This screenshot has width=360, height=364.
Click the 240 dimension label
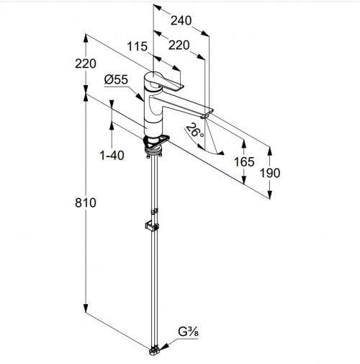[x=181, y=21]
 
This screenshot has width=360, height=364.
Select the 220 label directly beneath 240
[x=179, y=45]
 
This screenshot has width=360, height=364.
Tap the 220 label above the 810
[x=86, y=63]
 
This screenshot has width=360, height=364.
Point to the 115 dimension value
[x=137, y=46]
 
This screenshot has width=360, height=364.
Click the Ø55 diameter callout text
[x=116, y=79]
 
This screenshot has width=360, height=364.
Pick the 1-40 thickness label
[x=112, y=155]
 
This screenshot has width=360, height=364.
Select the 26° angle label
[x=195, y=130]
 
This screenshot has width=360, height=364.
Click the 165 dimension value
[x=244, y=161]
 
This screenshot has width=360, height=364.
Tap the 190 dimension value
[x=270, y=173]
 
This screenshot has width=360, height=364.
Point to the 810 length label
[x=86, y=203]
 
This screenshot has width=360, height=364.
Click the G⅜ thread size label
[x=188, y=332]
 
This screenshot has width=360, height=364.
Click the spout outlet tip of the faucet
[x=204, y=117]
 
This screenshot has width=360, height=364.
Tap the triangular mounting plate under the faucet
[x=156, y=141]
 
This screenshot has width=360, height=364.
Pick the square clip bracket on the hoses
[x=152, y=226]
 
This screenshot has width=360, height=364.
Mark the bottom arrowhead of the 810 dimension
[x=86, y=308]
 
